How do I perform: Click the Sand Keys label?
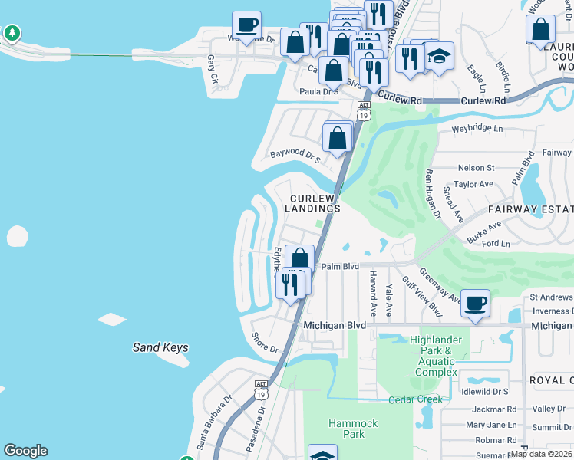[160, 347]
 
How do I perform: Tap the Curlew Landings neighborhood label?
[314, 202]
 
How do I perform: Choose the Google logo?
[25, 451]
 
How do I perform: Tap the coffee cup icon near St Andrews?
[476, 303]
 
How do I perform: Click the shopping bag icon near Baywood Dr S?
[338, 137]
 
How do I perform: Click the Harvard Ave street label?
[373, 293]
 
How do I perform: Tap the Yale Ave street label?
[390, 300]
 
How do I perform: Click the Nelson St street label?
[476, 167]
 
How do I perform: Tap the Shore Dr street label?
[266, 343]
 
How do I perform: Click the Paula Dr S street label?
[318, 91]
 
